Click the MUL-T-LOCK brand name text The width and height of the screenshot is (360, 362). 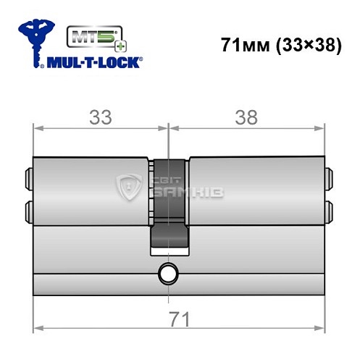[x=93, y=63]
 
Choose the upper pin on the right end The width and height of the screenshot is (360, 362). [x=330, y=176]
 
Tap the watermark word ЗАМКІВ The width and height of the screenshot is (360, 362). [x=178, y=193]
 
